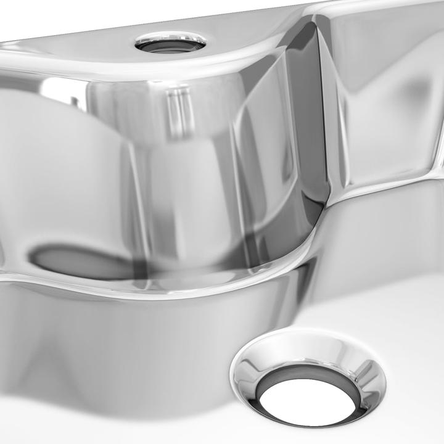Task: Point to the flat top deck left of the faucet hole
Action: click(x=74, y=49)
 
